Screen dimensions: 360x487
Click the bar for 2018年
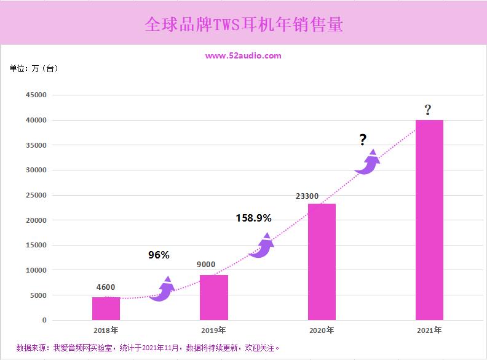tap(106, 308)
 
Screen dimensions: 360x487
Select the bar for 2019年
tap(213, 297)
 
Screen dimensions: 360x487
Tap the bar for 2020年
tap(322, 262)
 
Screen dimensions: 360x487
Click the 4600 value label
tap(106, 287)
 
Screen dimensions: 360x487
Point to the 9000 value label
tap(206, 265)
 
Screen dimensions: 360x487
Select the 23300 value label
tap(307, 196)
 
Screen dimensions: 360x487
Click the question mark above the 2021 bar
tap(427, 111)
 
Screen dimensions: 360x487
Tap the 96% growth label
tap(159, 255)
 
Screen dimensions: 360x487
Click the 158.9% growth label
tap(253, 218)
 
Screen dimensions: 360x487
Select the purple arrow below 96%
tap(163, 289)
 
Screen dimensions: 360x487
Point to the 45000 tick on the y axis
tap(36, 95)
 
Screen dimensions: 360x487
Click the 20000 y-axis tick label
tap(36, 220)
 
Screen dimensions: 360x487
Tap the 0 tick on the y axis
tap(44, 321)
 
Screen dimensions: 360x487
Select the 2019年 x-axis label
tap(213, 330)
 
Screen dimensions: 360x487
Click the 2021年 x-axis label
tap(429, 330)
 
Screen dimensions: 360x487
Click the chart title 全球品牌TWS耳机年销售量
tap(244, 24)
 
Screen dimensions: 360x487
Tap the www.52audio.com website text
tap(244, 56)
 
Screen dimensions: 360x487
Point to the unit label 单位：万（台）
tap(34, 68)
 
